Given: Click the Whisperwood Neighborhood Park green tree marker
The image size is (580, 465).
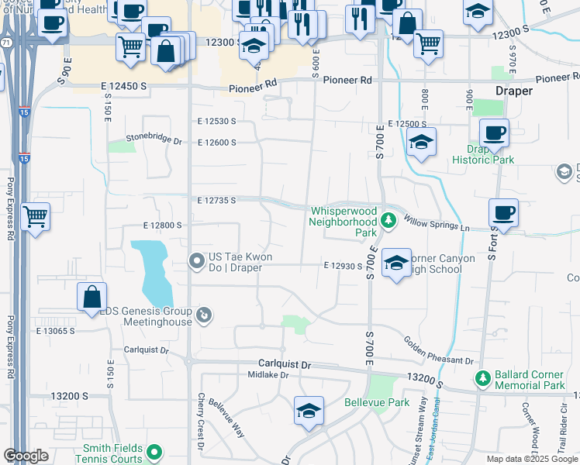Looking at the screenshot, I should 388,222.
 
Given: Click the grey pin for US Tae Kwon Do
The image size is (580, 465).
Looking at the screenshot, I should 199,260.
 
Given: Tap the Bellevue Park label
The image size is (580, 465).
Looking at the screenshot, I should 376,403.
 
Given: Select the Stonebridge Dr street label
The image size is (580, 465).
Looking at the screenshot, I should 154,142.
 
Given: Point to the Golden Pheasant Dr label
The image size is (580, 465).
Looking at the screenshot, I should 438,350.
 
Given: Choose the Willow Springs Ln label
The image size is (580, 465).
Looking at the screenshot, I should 437,224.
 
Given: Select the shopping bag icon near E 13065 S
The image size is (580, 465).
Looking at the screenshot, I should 91,296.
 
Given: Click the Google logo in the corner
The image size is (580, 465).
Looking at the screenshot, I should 26,456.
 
